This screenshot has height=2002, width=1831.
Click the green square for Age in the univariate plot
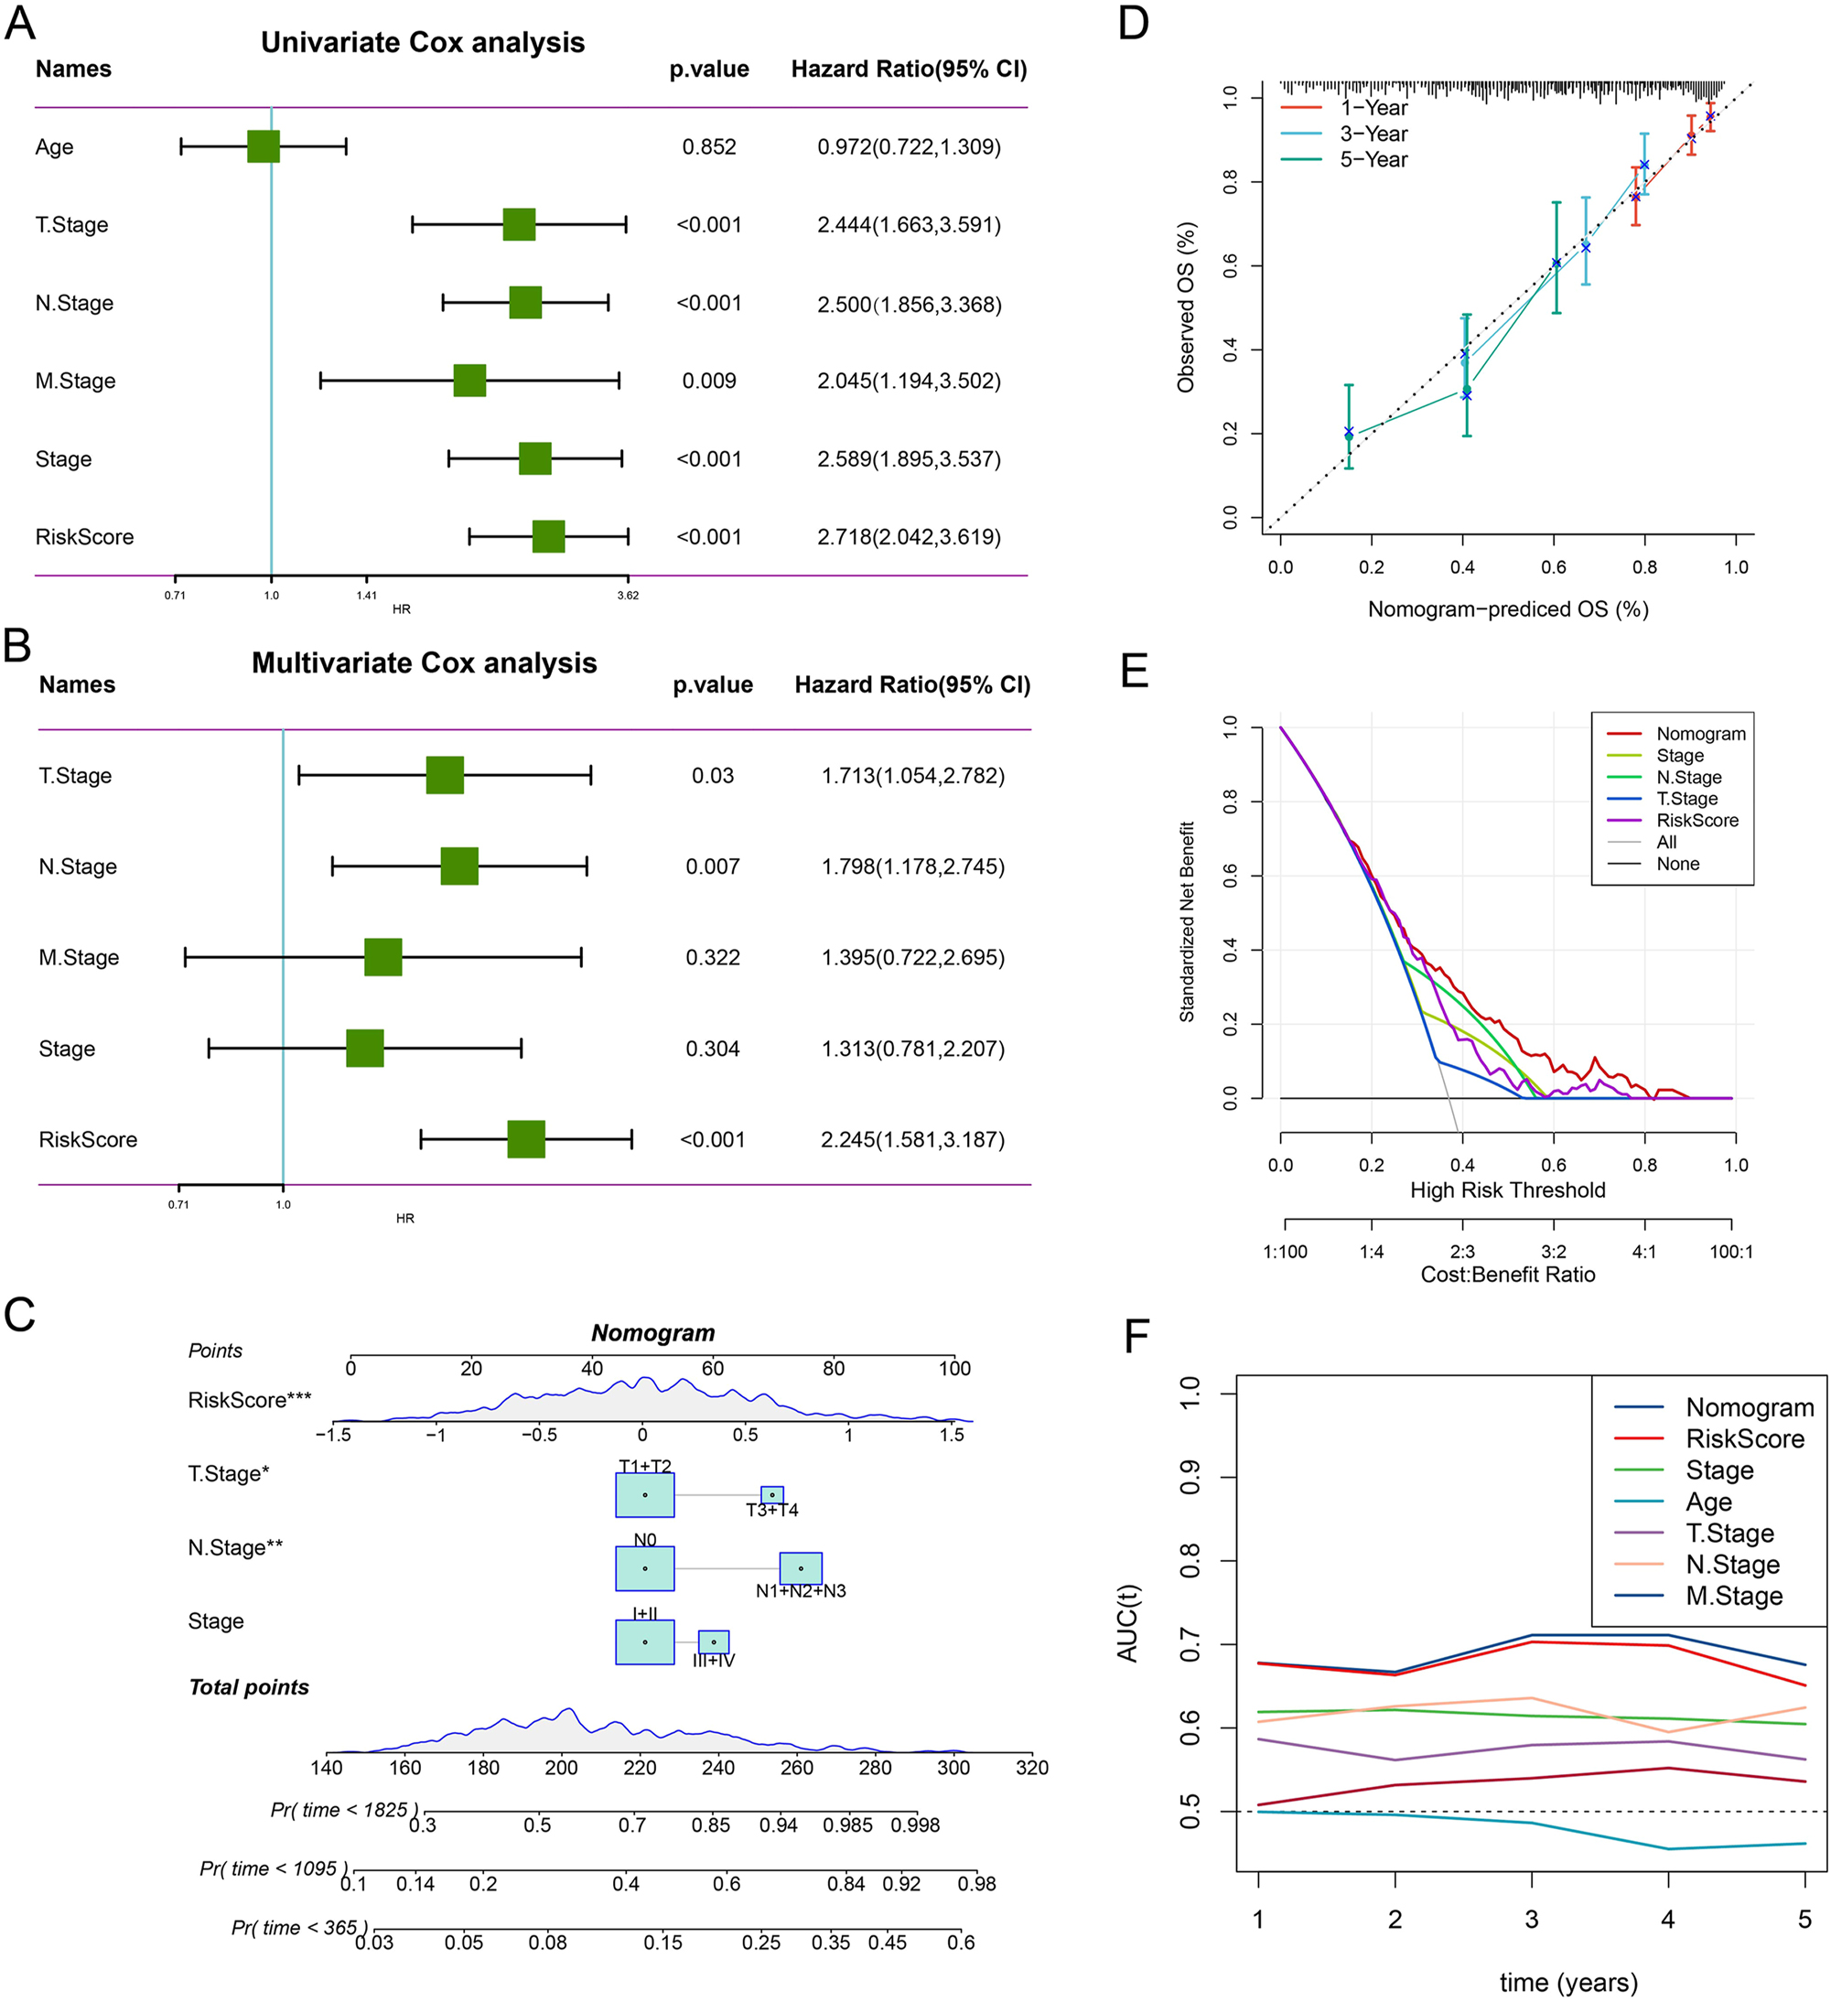pos(264,146)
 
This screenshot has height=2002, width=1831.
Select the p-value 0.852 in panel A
pos(709,147)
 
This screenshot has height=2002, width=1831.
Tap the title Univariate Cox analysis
pos(422,43)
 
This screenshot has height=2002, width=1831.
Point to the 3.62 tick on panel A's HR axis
pos(628,596)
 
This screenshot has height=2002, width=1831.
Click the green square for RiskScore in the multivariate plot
pos(525,1139)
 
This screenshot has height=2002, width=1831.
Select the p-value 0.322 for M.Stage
pos(712,957)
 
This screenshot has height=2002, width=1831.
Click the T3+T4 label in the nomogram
pos(772,1511)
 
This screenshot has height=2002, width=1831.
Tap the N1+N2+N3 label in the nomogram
pos(801,1591)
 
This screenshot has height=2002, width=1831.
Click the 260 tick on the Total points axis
pos(796,1768)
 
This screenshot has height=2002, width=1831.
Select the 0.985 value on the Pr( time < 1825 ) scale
pos(847,1825)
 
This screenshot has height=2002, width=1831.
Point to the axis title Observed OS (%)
pos(1186,307)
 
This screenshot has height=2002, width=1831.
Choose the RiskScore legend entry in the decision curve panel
pos(1697,820)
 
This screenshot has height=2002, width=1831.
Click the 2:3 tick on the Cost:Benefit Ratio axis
pos(1461,1252)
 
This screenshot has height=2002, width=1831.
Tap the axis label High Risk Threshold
pos(1507,1189)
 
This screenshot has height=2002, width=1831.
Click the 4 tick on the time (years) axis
pos(1667,1920)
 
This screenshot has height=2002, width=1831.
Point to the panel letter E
pos(1134,672)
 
